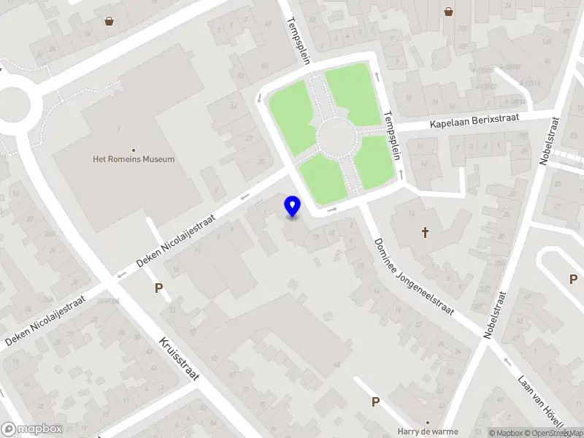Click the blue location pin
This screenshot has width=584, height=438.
(293, 207)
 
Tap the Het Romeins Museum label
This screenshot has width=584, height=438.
(134, 159)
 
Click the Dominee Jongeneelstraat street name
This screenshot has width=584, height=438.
(412, 277)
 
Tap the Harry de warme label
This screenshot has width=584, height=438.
(428, 431)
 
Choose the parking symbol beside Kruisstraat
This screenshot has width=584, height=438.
(158, 288)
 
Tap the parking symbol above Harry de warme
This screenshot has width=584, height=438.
(376, 401)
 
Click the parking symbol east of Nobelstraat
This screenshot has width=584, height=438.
(573, 279)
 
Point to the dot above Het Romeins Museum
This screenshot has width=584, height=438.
(134, 150)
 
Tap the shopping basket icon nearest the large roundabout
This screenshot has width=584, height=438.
(109, 21)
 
